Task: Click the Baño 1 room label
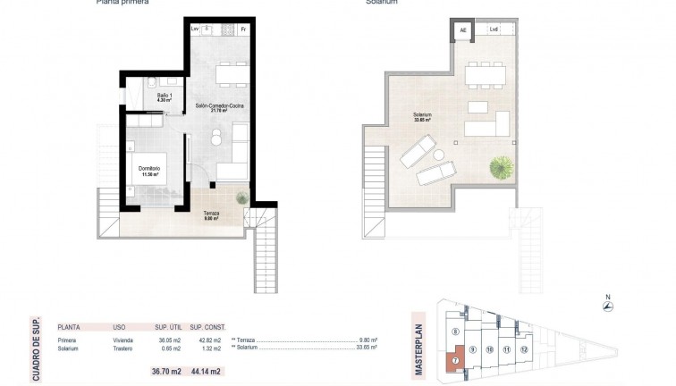point(165,96)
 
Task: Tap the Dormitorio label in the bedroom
point(149,169)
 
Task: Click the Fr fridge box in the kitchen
point(243,29)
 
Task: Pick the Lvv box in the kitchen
point(196,29)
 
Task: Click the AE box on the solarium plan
point(462,30)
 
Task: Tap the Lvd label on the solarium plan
point(493,30)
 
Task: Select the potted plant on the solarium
point(501,166)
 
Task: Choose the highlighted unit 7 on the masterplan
point(455,361)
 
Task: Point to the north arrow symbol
point(608,306)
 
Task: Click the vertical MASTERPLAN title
point(417,332)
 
